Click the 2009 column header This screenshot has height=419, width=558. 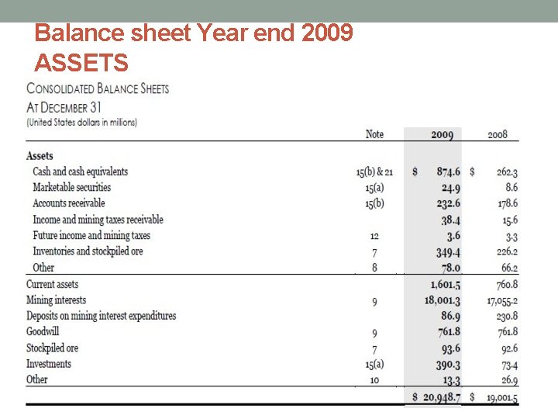click(x=442, y=135)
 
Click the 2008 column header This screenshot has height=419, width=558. click(x=498, y=134)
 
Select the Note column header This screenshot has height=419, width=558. click(x=374, y=134)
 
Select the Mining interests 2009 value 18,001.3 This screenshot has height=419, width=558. click(x=442, y=300)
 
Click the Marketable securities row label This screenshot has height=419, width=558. click(x=71, y=187)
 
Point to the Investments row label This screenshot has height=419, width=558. click(x=49, y=363)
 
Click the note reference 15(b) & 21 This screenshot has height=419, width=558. click(x=374, y=171)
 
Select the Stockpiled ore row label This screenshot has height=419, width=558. click(x=52, y=348)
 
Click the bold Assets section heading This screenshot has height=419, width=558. click(x=40, y=156)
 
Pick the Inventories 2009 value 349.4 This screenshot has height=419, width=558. click(x=448, y=251)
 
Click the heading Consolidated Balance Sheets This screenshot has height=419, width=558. click(x=98, y=88)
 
